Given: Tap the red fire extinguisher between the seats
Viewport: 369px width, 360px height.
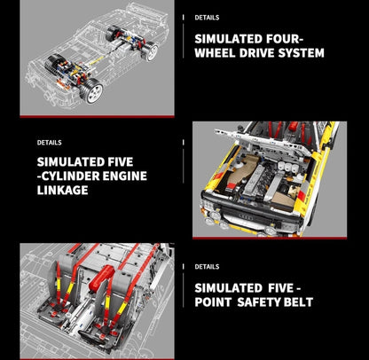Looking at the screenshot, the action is (x=102, y=277).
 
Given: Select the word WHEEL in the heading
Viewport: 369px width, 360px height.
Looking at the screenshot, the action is (x=215, y=53).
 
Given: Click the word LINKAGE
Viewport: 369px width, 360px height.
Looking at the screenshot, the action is (x=63, y=190).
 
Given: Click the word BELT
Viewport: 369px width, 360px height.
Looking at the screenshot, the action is (x=298, y=302).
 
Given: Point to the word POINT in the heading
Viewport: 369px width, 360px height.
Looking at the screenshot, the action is (x=213, y=302).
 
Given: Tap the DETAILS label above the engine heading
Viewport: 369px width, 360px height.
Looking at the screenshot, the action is (x=50, y=143).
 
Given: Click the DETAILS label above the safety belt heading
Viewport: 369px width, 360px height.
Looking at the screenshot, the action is (x=207, y=267).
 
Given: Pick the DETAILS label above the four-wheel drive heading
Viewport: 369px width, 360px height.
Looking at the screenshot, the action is (x=207, y=18).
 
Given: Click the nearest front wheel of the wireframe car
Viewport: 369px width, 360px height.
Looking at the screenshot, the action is (x=92, y=90).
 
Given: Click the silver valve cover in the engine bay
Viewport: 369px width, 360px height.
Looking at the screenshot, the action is (x=254, y=177).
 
